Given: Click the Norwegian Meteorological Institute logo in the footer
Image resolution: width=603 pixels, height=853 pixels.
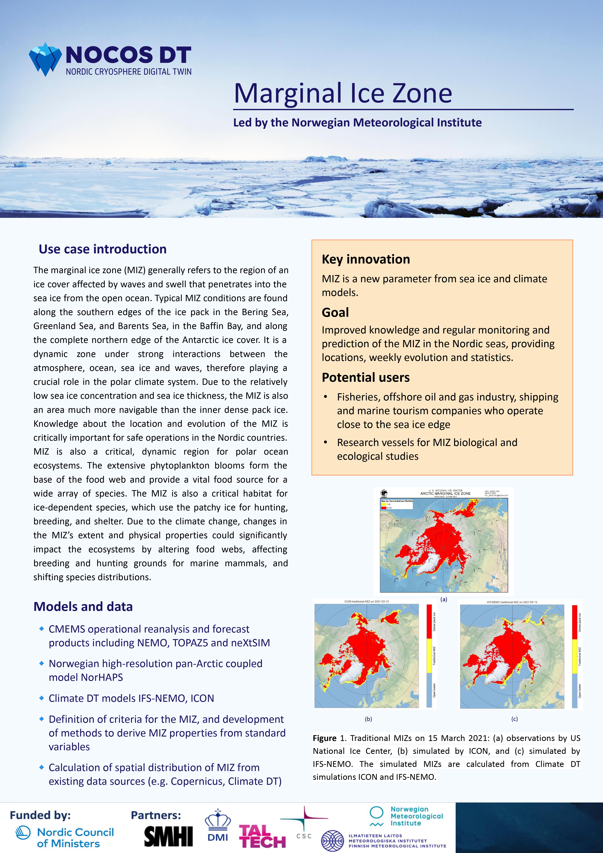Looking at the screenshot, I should click(406, 816).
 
